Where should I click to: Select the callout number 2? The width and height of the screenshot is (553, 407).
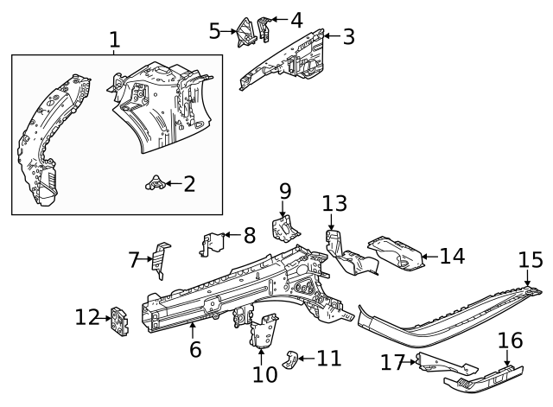click(x=189, y=183)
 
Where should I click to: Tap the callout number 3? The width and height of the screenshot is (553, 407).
click(x=347, y=36)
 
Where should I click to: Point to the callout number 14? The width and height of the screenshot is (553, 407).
click(x=452, y=256)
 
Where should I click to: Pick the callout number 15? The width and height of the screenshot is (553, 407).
click(x=531, y=259)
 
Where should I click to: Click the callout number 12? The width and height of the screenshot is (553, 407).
click(x=87, y=318)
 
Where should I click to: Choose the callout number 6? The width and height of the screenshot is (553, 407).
click(x=195, y=350)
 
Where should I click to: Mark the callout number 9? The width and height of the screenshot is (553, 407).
click(x=285, y=190)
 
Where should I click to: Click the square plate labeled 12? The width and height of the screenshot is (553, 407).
click(x=118, y=320)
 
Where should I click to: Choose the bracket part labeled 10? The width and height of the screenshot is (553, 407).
click(x=264, y=330)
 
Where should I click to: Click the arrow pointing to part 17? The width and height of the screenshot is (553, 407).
click(x=410, y=362)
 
